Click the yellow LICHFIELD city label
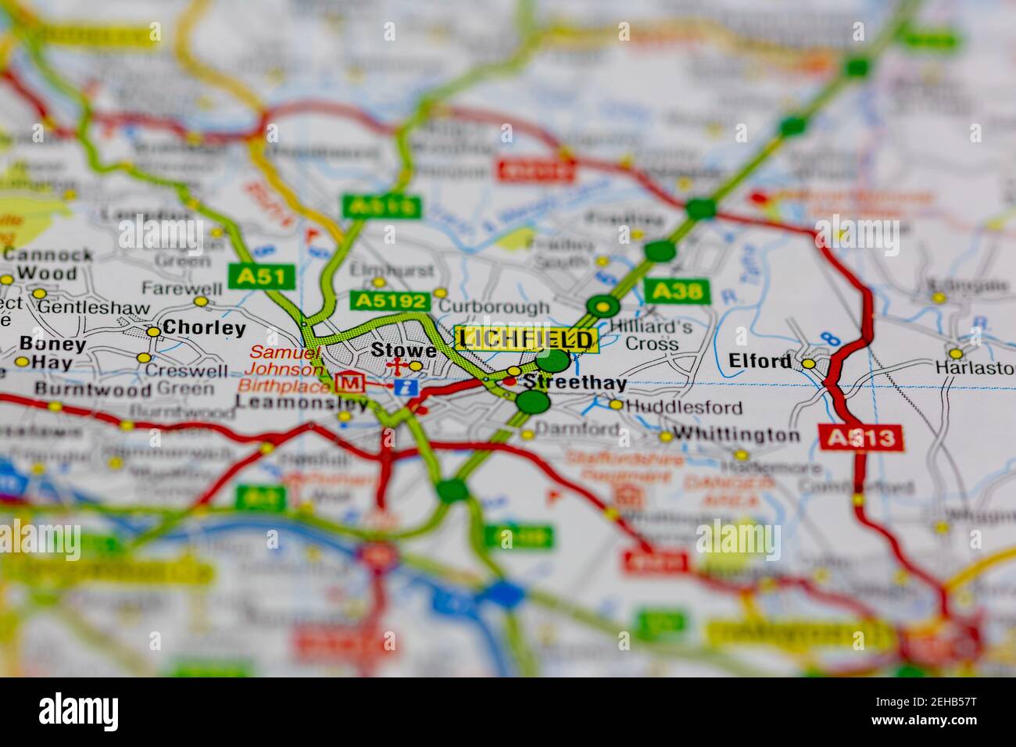click(526, 339)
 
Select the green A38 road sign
click(678, 291)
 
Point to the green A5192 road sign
click(390, 301)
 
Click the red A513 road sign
click(860, 437)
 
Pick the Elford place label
click(760, 361)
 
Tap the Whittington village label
click(736, 434)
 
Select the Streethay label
click(574, 383)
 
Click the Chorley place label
click(203, 328)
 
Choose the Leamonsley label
click(301, 403)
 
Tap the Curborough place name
click(494, 306)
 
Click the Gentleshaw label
click(94, 308)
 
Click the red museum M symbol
click(348, 383)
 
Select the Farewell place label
click(170, 288)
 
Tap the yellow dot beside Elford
click(808, 363)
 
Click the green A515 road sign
click(381, 207)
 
